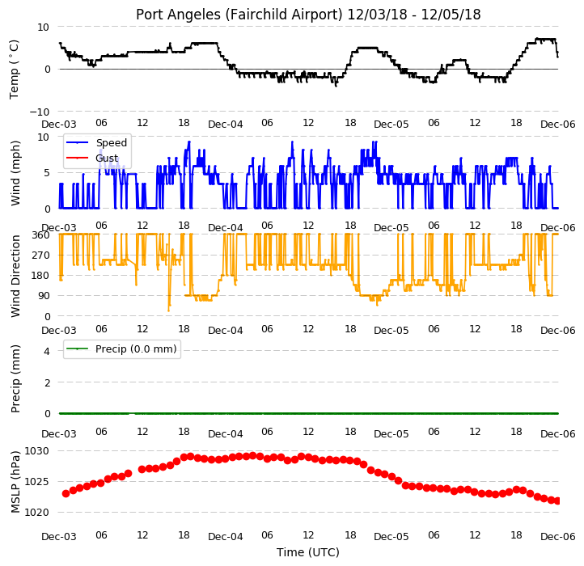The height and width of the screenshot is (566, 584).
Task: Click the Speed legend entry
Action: [x=97, y=142]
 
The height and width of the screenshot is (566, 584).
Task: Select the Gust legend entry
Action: [x=92, y=158]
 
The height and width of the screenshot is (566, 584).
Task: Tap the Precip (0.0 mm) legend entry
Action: [x=121, y=349]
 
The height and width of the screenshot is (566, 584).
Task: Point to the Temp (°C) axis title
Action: [x=14, y=70]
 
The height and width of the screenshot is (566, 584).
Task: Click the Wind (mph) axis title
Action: [x=15, y=173]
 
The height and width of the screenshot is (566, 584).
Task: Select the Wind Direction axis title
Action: [x=15, y=276]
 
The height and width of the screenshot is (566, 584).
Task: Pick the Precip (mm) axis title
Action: [x=15, y=378]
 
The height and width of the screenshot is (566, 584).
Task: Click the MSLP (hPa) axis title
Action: [x=15, y=482]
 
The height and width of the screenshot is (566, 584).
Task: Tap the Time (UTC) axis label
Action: [x=308, y=552]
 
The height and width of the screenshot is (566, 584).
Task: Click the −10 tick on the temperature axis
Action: [x=40, y=112]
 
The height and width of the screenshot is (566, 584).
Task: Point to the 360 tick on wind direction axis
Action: [x=41, y=235]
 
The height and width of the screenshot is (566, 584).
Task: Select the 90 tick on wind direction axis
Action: [x=44, y=296]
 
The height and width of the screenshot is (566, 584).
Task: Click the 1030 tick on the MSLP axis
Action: [x=36, y=451]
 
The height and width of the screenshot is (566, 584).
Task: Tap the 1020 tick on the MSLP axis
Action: [x=36, y=513]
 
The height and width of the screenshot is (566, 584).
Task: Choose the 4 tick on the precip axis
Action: [x=47, y=351]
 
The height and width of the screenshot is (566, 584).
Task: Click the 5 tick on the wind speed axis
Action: [x=47, y=173]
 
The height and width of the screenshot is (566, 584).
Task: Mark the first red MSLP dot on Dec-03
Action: [x=66, y=494]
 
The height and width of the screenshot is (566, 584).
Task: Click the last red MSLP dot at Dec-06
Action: [x=557, y=501]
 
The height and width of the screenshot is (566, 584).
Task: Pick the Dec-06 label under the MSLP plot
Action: [x=557, y=537]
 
